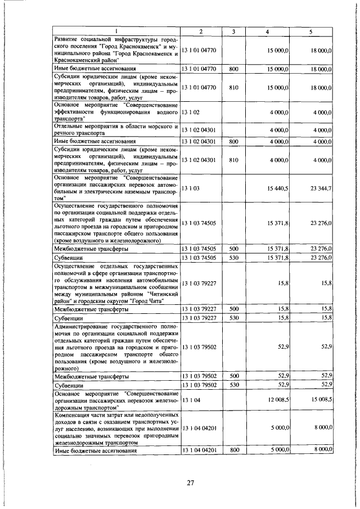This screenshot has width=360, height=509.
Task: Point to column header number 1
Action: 116,31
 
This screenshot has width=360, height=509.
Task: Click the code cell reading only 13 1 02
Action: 189,112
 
